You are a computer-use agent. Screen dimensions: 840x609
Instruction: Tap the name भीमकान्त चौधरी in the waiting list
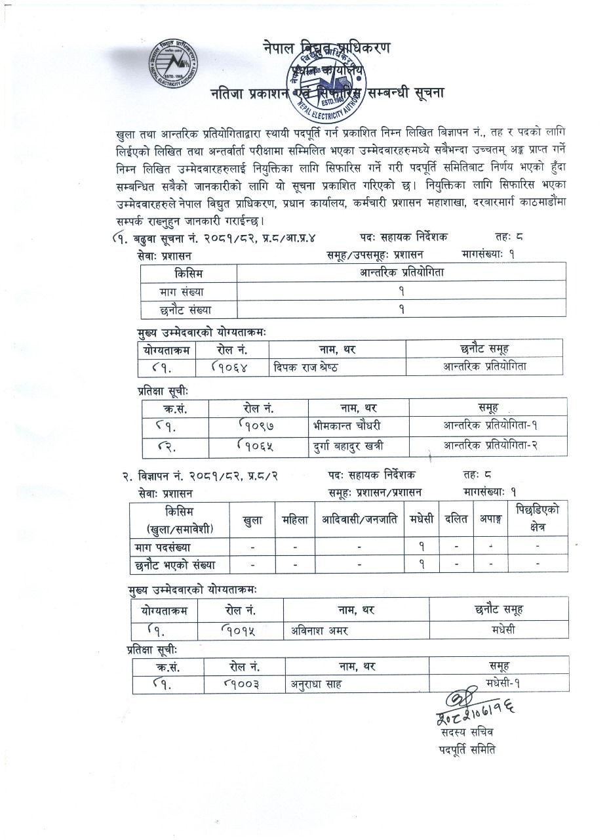(x=347, y=425)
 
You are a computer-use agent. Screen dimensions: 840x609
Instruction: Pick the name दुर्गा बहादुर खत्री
(x=348, y=446)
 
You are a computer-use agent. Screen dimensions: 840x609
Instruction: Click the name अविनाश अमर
(x=319, y=631)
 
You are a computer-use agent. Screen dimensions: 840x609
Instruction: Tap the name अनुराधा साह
(x=317, y=684)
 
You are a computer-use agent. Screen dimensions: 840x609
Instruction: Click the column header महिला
(x=295, y=520)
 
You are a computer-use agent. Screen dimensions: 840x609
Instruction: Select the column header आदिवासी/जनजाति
(x=359, y=520)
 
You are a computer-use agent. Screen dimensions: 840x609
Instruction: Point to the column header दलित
(x=456, y=520)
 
